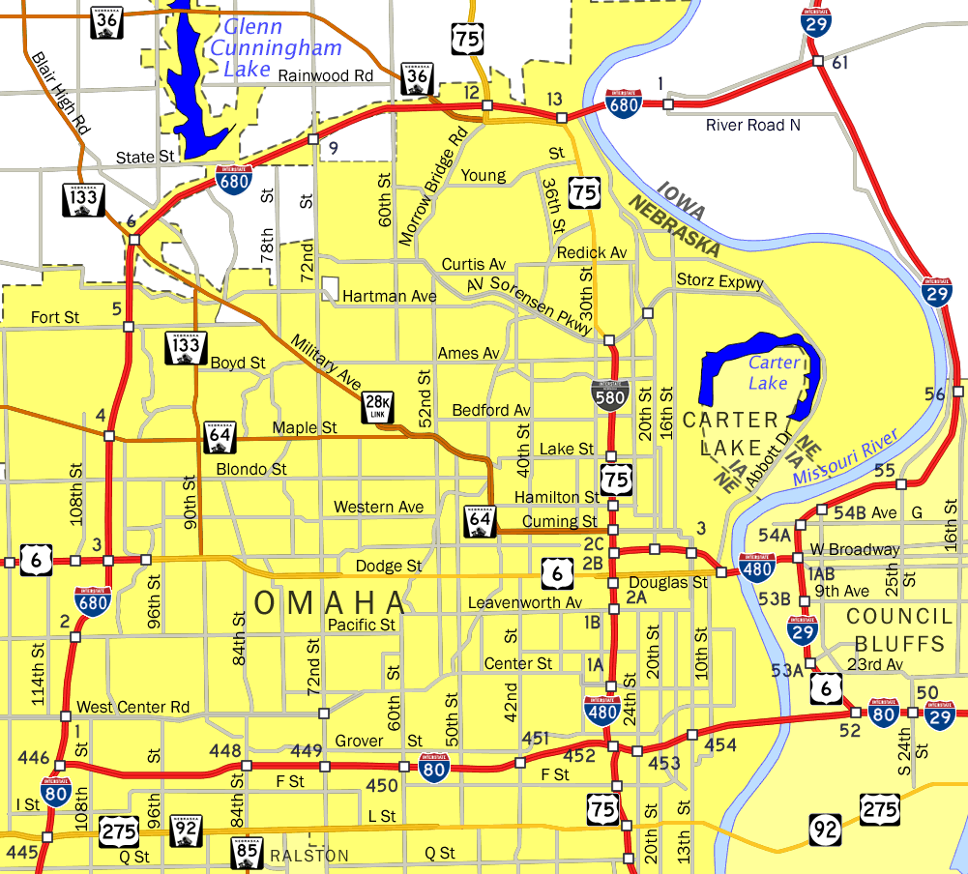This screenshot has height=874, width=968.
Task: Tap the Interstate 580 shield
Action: [610, 395]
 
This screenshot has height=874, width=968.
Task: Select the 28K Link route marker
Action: [378, 408]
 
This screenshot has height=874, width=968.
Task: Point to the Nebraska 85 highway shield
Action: [247, 853]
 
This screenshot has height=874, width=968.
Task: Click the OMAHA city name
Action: [329, 603]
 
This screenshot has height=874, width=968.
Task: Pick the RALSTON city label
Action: [309, 856]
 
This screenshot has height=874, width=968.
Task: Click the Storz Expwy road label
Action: [719, 282]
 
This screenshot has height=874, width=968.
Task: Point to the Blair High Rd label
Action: [60, 93]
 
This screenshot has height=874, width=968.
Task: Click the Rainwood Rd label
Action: [325, 75]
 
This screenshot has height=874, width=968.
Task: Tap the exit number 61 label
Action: [839, 63]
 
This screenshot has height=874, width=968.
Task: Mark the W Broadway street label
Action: [854, 549]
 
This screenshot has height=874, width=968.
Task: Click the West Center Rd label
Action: [132, 708]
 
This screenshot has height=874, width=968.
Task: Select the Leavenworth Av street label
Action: [524, 602]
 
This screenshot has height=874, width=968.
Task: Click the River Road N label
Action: [753, 125]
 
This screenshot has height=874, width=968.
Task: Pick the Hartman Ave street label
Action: [390, 296]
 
